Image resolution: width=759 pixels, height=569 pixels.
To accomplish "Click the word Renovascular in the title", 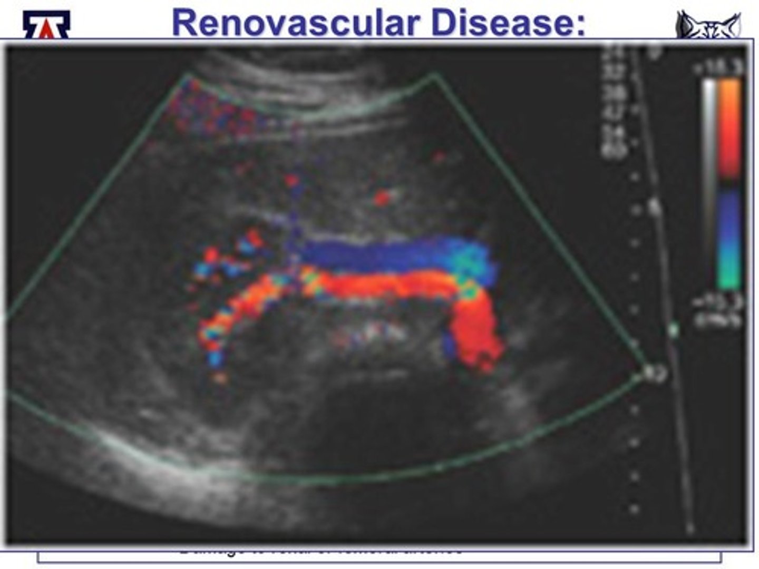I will point(295,23).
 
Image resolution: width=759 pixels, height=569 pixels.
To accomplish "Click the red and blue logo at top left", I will point(46,25).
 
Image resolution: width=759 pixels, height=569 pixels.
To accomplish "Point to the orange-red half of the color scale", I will point(729,126).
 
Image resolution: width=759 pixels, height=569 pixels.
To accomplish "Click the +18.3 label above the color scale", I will point(720,67).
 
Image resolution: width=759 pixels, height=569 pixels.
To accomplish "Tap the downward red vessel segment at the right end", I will point(477,332).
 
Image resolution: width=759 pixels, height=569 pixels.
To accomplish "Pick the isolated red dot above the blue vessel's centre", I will point(382,198).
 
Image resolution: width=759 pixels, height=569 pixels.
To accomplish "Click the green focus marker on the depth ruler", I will point(673,331).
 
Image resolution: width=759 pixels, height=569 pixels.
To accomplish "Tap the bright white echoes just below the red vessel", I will point(374,332).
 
